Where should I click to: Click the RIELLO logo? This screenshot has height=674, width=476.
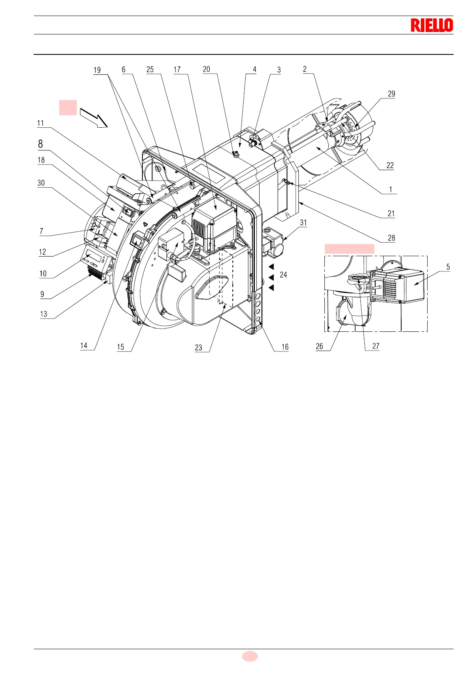click(x=432, y=25)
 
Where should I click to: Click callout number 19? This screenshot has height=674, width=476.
click(x=97, y=70)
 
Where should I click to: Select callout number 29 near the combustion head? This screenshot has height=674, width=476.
click(x=391, y=94)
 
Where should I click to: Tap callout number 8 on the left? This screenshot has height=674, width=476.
click(x=40, y=144)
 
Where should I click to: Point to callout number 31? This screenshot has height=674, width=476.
click(x=304, y=223)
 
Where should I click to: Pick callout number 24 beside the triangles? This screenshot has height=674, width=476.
click(x=283, y=275)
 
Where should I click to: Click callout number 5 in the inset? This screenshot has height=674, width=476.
click(x=448, y=267)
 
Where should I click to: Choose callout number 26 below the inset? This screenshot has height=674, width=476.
click(x=319, y=346)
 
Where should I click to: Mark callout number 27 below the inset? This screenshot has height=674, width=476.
click(x=376, y=346)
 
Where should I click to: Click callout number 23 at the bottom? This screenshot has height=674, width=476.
click(x=198, y=347)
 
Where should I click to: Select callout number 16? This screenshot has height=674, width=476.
click(x=285, y=347)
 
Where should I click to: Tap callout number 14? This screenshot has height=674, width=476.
click(x=84, y=345)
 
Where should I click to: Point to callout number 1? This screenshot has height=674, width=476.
click(x=391, y=189)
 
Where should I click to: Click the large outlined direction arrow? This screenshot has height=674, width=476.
click(x=94, y=117)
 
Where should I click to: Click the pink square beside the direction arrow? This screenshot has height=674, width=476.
click(x=68, y=108)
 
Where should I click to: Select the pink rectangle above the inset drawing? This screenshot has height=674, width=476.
click(x=349, y=249)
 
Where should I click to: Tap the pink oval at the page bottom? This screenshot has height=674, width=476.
click(x=250, y=656)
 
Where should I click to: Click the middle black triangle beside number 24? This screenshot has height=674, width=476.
click(x=271, y=277)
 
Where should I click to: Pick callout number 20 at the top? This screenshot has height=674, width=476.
click(x=206, y=69)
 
